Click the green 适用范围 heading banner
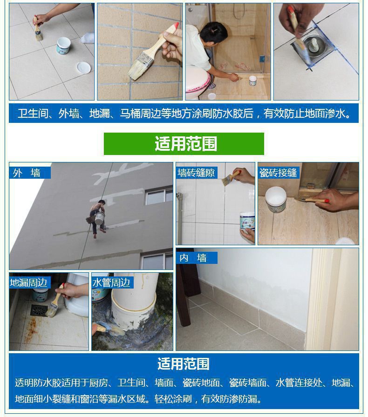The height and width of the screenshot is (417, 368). pos(184,144)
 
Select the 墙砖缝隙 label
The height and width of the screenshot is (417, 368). pos(196,173)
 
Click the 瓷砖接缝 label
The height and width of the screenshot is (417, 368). pos(278,173)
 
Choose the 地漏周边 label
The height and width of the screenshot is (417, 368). pos(28,282)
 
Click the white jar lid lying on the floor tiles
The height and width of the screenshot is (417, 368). pos(84,68)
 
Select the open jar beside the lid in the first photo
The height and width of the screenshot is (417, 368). pos(63,46)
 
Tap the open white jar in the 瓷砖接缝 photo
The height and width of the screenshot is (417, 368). pos(276,200)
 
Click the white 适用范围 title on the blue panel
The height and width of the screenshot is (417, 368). pos(184,364)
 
